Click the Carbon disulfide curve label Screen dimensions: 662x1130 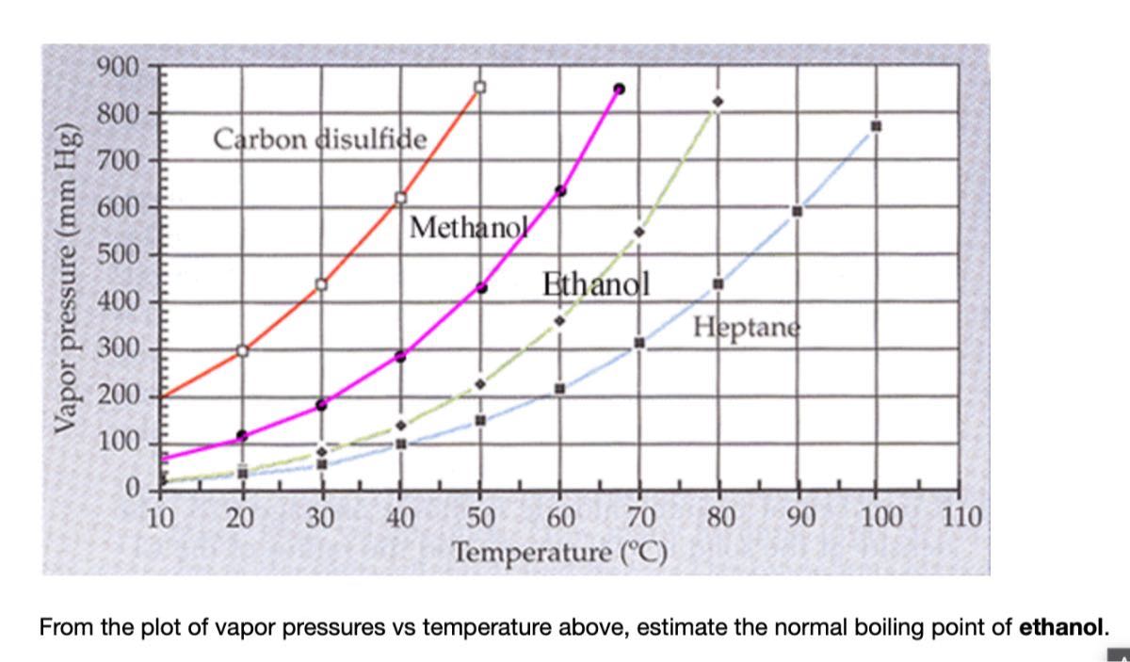pos(320,139)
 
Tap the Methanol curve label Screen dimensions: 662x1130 pos(467,227)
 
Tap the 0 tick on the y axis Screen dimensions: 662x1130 pos(131,488)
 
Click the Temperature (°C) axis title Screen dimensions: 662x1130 pos(560,550)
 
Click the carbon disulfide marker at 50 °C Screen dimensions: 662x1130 pos(480,87)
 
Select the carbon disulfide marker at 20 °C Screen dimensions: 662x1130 pos(242,350)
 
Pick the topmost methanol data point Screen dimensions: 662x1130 pos(619,89)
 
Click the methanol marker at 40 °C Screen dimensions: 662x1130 pos(400,356)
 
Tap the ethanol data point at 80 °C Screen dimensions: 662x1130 pos(718,101)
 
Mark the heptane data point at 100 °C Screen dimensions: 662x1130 pos(876,125)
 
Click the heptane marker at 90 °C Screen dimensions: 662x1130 pos(797,211)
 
